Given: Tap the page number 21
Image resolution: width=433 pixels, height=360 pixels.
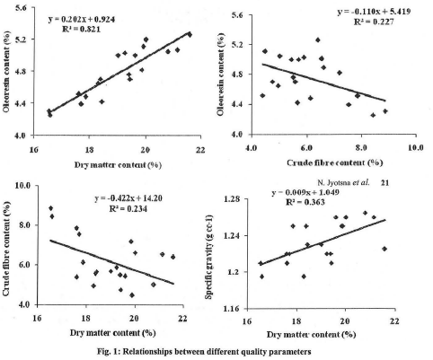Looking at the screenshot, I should [409, 182].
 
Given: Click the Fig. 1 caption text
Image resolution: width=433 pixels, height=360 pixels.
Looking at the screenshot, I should [216, 351].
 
